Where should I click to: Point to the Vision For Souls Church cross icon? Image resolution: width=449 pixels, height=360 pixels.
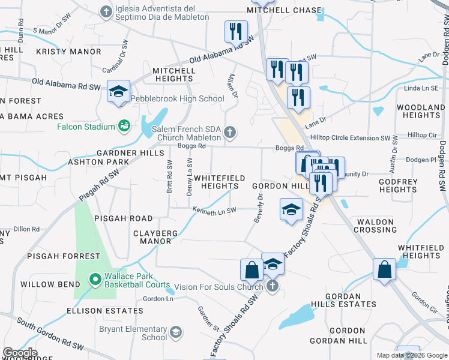(x=272, y=286)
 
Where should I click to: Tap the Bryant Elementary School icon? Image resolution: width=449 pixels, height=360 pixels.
(x=176, y=332)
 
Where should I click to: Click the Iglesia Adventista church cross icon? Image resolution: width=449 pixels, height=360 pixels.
(x=106, y=12)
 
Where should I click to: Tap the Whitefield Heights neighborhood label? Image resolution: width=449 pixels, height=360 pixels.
(x=220, y=182)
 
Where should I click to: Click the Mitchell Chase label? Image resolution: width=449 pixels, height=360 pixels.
(x=285, y=10)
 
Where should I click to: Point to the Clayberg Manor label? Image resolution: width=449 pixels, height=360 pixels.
(x=155, y=237)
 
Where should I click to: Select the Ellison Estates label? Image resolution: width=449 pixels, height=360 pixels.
(x=105, y=311)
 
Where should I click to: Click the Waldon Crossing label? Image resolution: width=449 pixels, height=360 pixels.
(x=376, y=226)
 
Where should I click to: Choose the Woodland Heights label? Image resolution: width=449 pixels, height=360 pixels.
(x=420, y=111)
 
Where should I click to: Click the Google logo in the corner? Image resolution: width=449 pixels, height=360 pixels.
(x=20, y=353)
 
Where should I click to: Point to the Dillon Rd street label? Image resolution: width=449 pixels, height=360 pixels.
(x=26, y=229)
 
